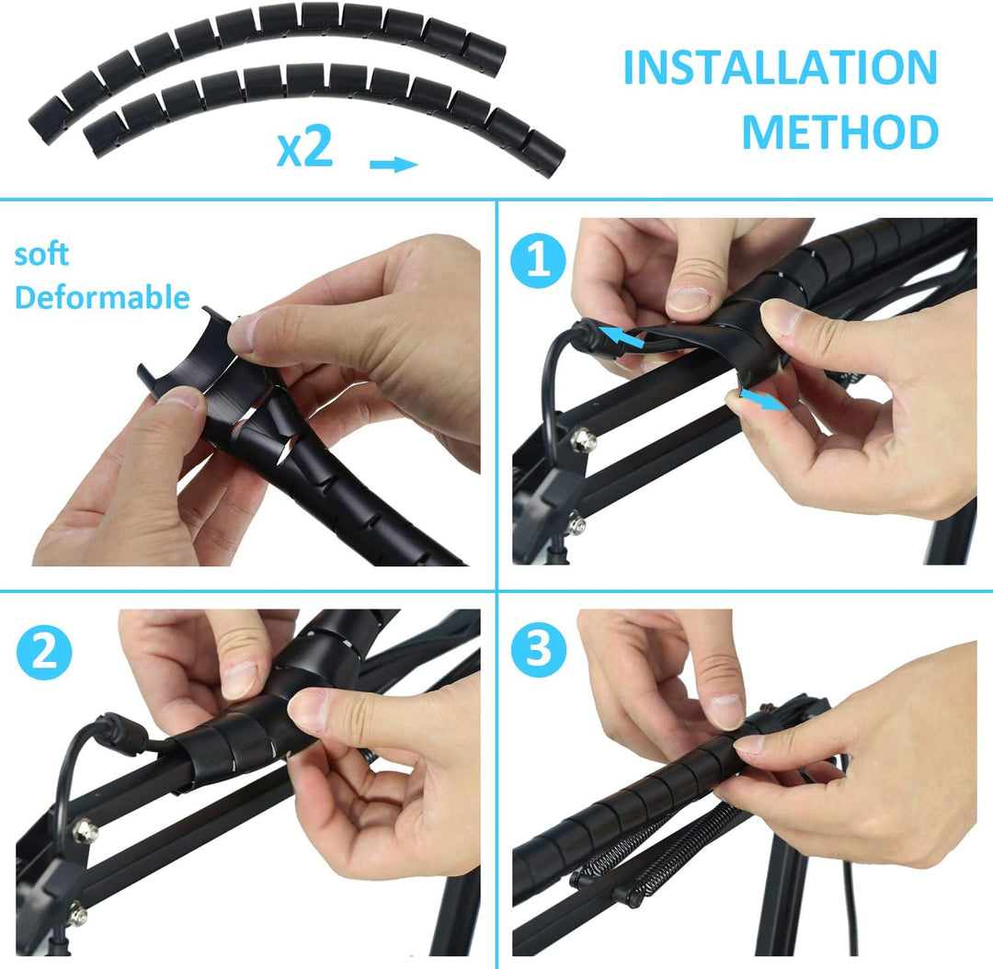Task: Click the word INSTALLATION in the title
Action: pos(781,67)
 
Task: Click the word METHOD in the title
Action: pos(839,132)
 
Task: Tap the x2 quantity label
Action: pos(304,147)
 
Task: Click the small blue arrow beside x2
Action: pos(394,165)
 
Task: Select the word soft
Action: pos(41,255)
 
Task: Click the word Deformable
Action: pos(102,297)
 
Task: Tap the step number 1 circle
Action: pos(538,260)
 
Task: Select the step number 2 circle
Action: pos(44,653)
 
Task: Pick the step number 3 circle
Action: pos(538,650)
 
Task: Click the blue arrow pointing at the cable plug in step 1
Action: pos(622,337)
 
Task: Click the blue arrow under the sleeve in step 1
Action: pos(762,400)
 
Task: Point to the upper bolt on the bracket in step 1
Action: pos(583,439)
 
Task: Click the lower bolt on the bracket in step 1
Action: pos(576,525)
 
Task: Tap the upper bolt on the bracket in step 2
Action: pos(85,830)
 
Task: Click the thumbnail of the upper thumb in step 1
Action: pos(689,299)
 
